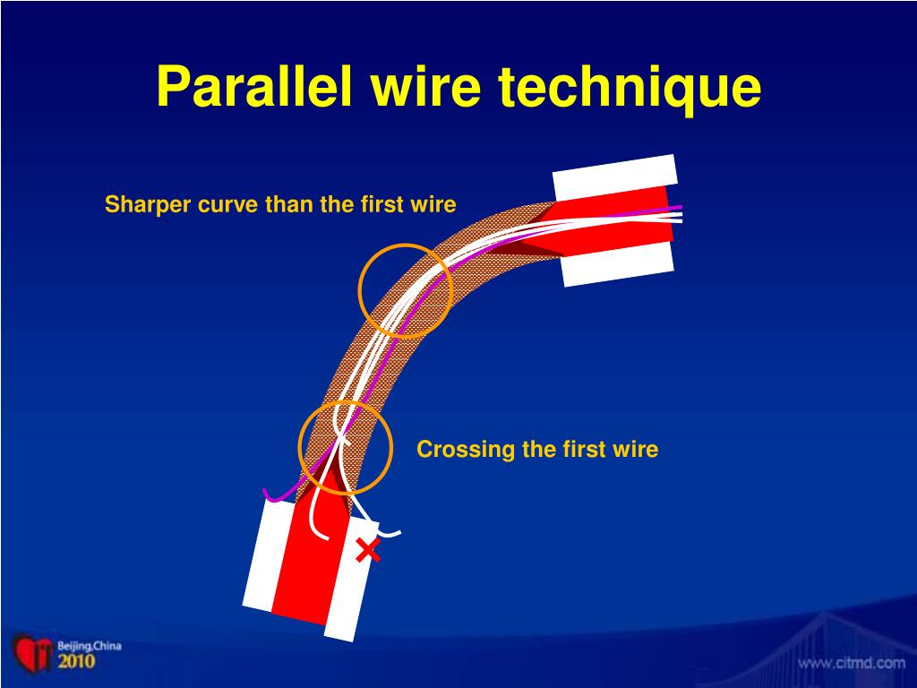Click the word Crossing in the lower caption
(461, 449)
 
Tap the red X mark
(367, 551)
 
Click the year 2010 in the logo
(76, 662)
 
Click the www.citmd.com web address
(852, 664)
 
